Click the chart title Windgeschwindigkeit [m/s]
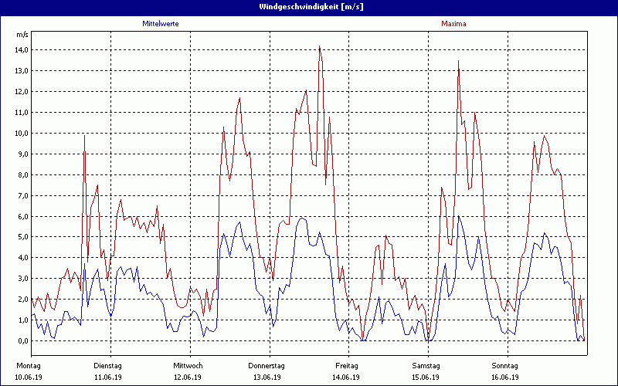point(309,7)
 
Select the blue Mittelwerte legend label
point(161,24)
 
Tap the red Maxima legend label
point(453,24)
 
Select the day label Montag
point(28,365)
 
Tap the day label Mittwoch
point(188,365)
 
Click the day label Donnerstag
point(267,365)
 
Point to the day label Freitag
point(347,365)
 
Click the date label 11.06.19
point(107,378)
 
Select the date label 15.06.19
point(426,378)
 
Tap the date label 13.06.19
point(267,378)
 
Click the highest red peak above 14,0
point(319,46)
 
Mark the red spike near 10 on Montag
point(84,136)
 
